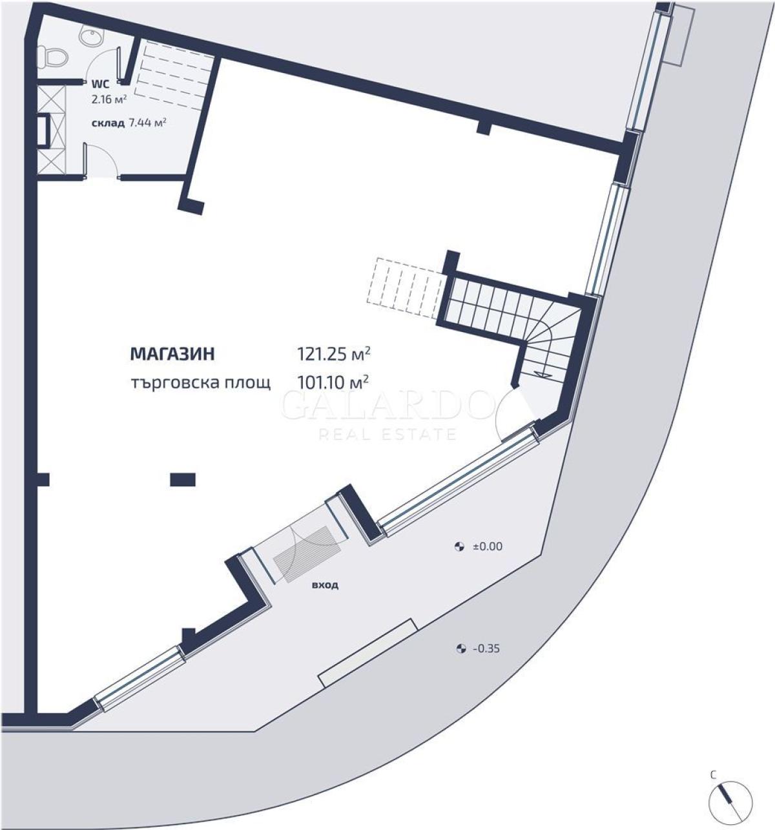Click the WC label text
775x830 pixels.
pyautogui.click(x=101, y=84)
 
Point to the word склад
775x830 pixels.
pyautogui.click(x=108, y=123)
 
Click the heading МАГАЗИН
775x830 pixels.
pyautogui.click(x=172, y=354)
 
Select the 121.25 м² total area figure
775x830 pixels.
pyautogui.click(x=334, y=353)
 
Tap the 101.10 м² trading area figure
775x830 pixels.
pyautogui.click(x=333, y=381)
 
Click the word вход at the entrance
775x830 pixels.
pyautogui.click(x=325, y=585)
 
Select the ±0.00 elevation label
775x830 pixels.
pyautogui.click(x=488, y=546)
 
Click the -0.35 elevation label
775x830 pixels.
pyautogui.click(x=486, y=648)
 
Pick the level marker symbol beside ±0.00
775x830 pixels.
pyautogui.click(x=459, y=546)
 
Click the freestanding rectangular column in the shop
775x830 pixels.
pyautogui.click(x=183, y=479)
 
